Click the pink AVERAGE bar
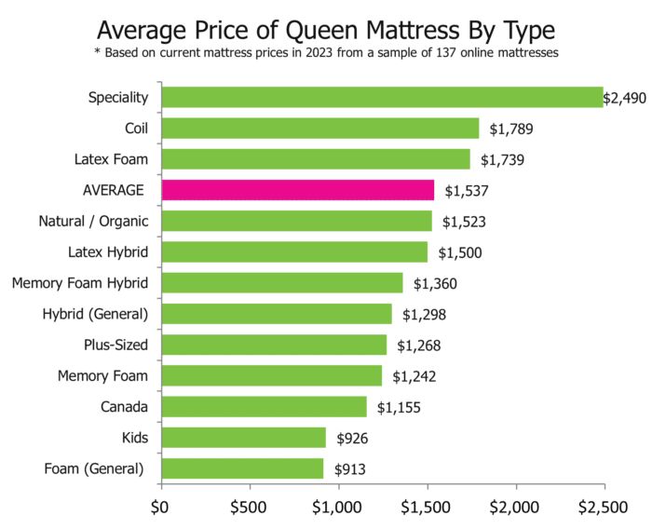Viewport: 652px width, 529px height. (x=297, y=191)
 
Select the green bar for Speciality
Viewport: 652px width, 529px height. (x=382, y=97)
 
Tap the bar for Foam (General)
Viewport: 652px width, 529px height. (x=242, y=468)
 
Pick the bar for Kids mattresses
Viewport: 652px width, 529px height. (x=243, y=438)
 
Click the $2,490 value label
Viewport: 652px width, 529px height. (x=624, y=98)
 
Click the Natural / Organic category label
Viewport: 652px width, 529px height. (x=91, y=222)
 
